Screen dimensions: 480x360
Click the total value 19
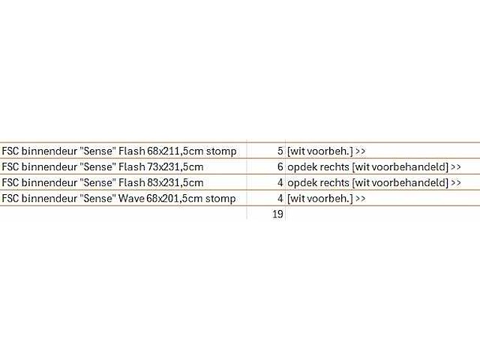pos(277,214)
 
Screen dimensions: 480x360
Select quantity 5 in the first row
pos(280,151)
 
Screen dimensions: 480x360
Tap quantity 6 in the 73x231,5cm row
pos(280,166)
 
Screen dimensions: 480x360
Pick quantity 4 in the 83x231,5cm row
pos(280,182)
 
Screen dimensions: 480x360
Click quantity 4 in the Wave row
pos(280,198)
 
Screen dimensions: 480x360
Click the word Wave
pos(131,198)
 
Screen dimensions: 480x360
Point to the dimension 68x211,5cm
pos(175,151)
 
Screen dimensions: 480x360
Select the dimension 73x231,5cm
pos(175,166)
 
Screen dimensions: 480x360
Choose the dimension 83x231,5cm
pos(175,182)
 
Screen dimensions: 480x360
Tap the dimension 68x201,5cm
pos(175,198)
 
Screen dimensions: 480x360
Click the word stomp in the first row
pos(221,151)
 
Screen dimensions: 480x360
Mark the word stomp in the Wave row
pos(220,199)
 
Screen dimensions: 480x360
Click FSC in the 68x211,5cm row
pos(10,151)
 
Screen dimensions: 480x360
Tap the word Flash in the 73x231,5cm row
pos(132,166)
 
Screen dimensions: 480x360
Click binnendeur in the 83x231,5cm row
pos(49,182)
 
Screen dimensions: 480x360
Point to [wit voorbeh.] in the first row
pos(320,151)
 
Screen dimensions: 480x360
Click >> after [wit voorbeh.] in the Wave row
pos(361,198)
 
